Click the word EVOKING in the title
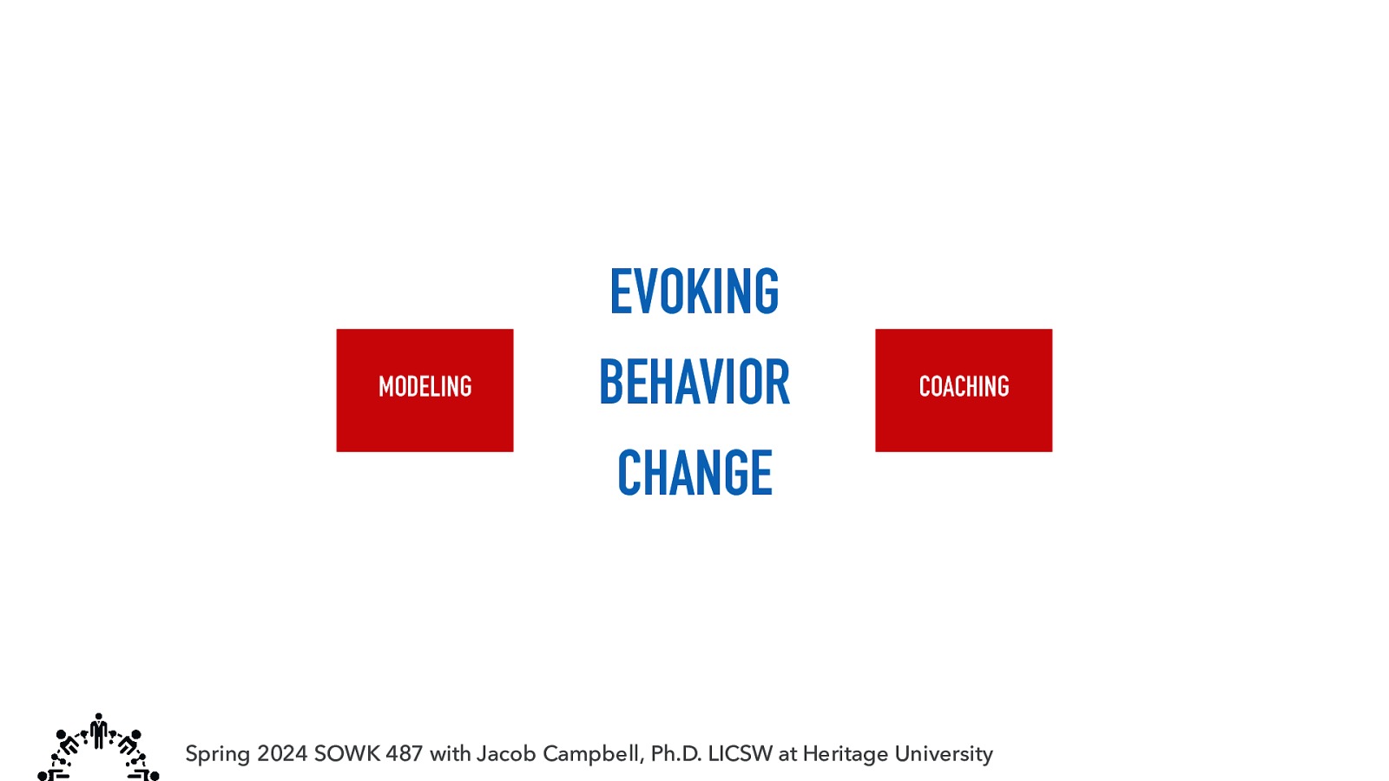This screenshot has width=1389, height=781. [694, 292]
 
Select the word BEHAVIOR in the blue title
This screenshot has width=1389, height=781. [694, 383]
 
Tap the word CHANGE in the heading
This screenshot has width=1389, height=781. [694, 473]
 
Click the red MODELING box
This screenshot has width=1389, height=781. [425, 390]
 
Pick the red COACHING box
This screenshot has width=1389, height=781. [964, 390]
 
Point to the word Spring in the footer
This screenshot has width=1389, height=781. [218, 754]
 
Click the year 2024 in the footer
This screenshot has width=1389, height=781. [282, 753]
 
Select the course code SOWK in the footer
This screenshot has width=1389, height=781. [346, 753]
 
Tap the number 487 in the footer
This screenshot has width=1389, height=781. [404, 753]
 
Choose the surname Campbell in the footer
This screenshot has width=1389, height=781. [594, 753]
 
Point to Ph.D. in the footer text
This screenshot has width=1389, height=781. [676, 753]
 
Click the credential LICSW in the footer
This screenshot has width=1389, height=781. [740, 753]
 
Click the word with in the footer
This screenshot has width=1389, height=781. [450, 753]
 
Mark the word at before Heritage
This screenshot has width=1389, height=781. [787, 753]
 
